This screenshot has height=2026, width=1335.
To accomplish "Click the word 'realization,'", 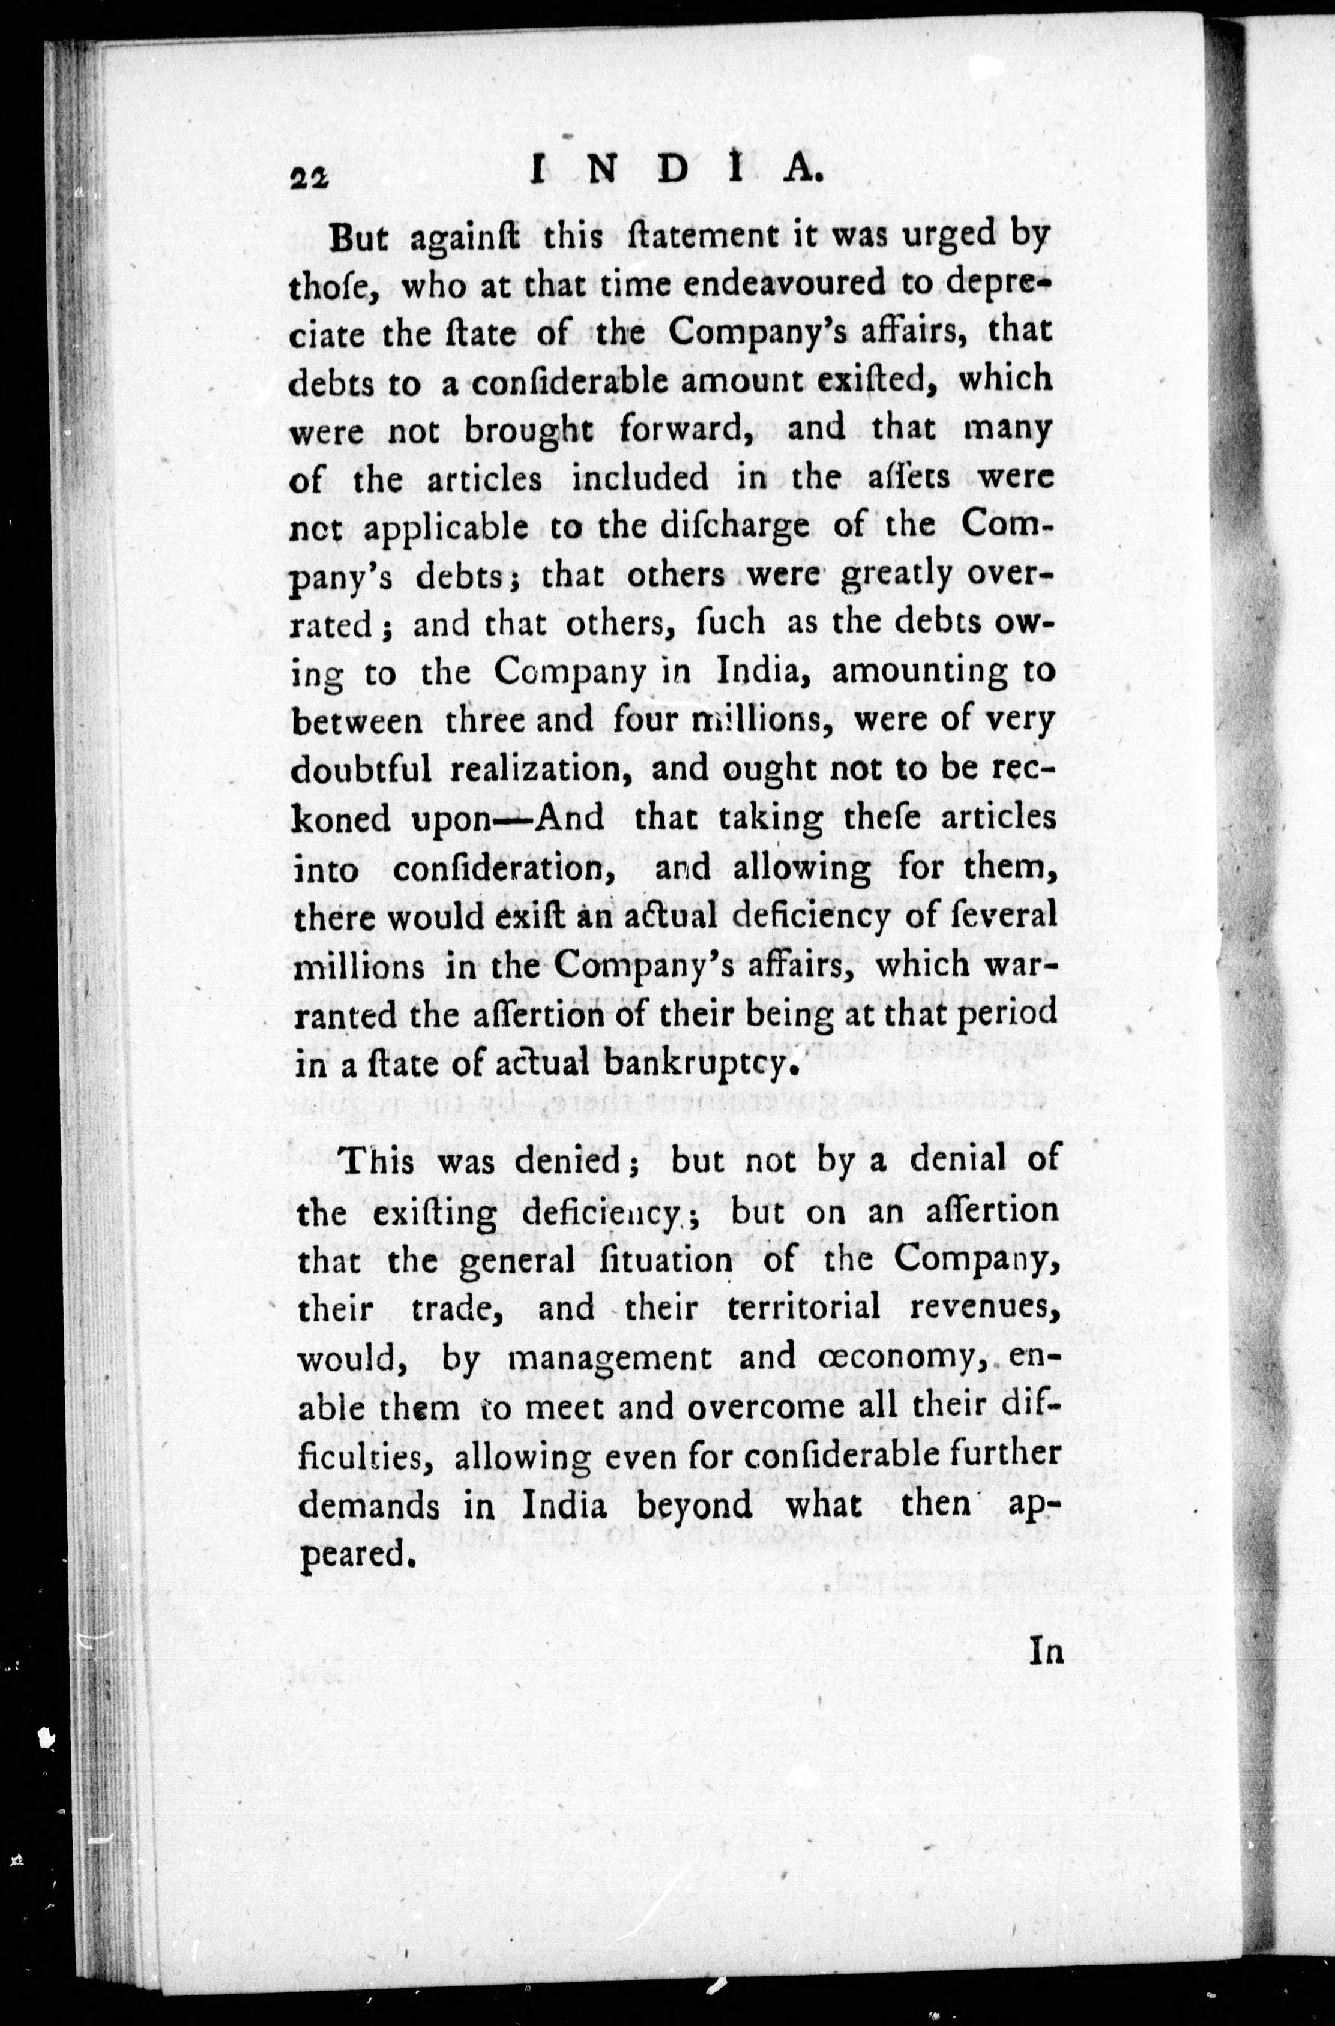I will point(543,769).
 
